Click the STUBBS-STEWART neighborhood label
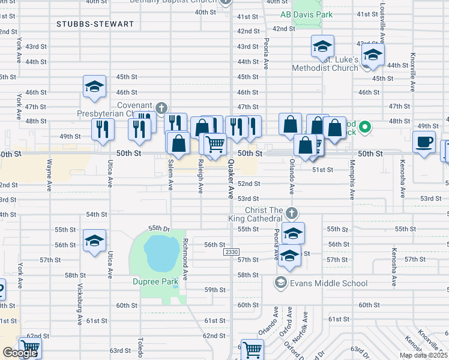94,24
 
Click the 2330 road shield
232,252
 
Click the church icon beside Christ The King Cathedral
291,213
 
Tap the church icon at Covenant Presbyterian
161,108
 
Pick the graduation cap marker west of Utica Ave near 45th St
95,87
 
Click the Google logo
20,353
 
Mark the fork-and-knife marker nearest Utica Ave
103,128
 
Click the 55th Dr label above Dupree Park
159,229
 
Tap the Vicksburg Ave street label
79,307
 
